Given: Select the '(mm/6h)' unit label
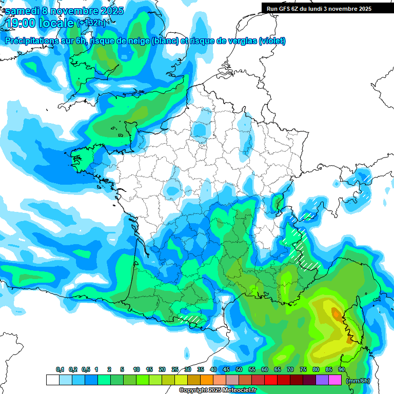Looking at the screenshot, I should tap(358, 381).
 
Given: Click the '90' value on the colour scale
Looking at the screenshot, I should tap(342, 370).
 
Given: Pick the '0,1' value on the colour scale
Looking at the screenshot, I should tap(60, 370).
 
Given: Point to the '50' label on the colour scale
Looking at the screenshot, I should tap(239, 370).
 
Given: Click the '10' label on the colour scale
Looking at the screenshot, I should tap(136, 370).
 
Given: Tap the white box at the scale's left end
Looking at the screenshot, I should tap(52, 380).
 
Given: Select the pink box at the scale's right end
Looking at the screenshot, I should tap(335, 380).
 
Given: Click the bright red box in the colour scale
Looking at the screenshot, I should tap(270, 380).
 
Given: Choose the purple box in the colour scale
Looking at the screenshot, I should tap(322, 380).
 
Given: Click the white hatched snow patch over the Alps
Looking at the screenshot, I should tap(303, 251).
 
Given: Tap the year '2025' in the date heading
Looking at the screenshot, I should tap(109, 11).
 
